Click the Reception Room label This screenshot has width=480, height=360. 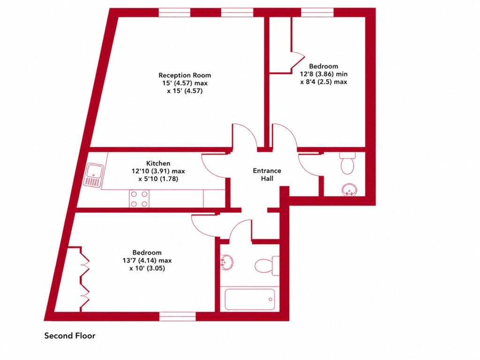(x=185, y=75)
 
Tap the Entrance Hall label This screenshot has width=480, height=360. (x=267, y=174)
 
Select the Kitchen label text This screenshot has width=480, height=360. (x=158, y=163)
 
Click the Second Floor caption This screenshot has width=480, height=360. (x=70, y=336)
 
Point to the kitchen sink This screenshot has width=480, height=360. (x=94, y=175)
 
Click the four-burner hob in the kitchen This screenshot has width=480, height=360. (x=139, y=198)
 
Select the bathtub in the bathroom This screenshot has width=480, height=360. (x=249, y=300)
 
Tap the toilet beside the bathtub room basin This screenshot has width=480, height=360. (x=267, y=265)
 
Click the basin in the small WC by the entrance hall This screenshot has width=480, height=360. (x=349, y=190)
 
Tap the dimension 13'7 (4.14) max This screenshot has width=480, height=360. (x=147, y=261)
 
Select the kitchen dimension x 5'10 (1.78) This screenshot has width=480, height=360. (x=158, y=179)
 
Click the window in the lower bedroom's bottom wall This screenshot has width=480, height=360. (x=178, y=316)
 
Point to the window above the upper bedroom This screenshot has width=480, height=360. (x=317, y=12)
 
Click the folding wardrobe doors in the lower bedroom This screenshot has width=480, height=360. (x=84, y=279)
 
